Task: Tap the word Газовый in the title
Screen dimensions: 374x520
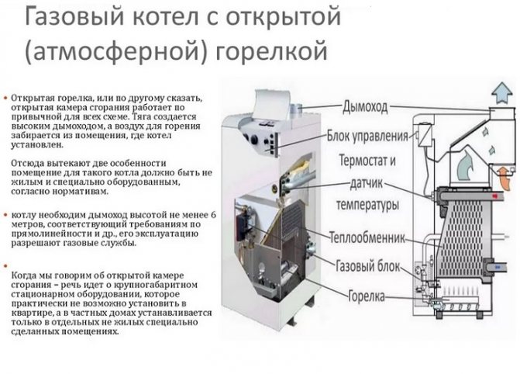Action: [62, 16]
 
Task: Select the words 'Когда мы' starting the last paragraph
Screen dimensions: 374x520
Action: [32, 276]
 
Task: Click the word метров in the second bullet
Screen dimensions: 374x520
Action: [28, 223]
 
